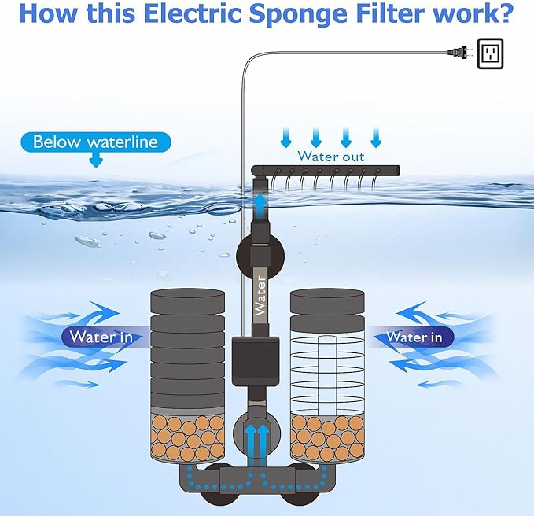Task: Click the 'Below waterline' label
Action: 95,142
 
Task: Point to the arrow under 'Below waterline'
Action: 96,160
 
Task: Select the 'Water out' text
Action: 330,157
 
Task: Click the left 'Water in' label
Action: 101,337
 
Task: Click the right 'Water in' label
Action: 414,337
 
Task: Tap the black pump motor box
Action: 255,357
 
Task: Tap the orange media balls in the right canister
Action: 325,437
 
